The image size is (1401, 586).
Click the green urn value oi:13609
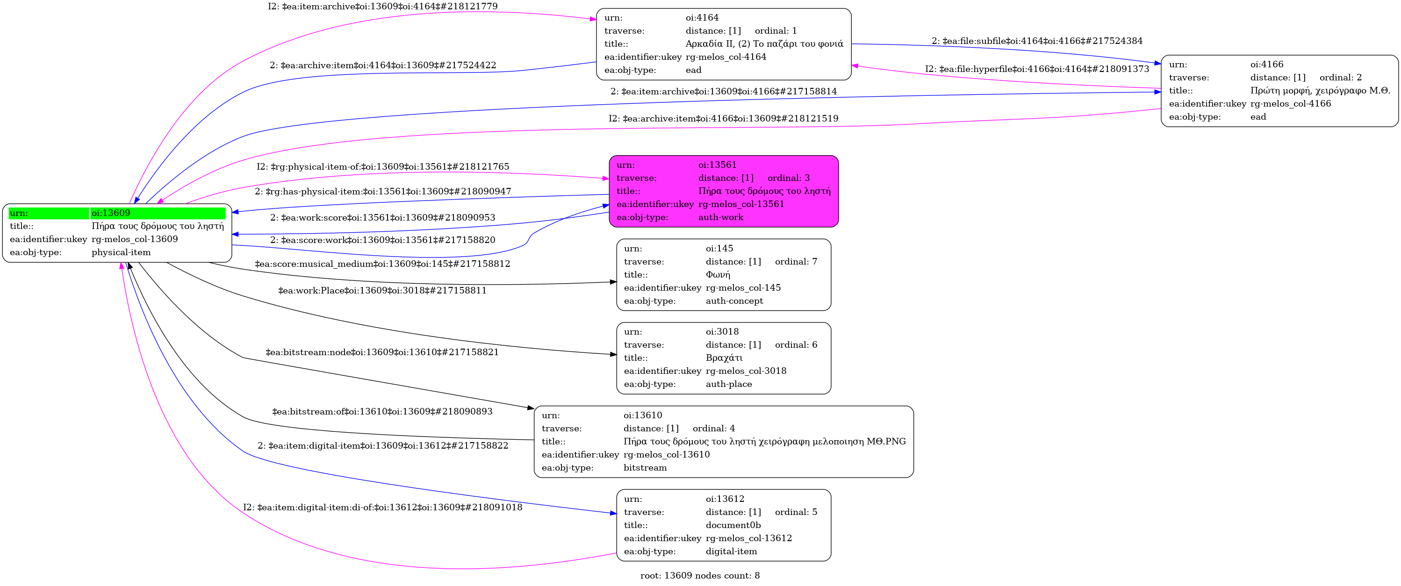tap(111, 213)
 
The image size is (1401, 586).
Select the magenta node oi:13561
tap(723, 191)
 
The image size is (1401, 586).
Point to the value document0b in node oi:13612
tap(733, 526)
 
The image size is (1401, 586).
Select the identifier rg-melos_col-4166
tap(1291, 104)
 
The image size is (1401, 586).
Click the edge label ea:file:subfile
tap(1037, 41)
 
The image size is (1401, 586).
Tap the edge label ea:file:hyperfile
tap(1037, 69)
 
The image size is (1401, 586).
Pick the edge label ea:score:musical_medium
tap(382, 264)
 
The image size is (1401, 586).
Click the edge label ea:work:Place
tap(382, 291)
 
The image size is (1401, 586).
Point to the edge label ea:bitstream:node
tap(382, 352)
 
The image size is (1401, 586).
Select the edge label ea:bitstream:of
tap(382, 412)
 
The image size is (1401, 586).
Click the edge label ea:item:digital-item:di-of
tap(382, 507)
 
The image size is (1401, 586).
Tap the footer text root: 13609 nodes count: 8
tap(699, 576)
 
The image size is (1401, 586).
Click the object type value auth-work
tap(721, 217)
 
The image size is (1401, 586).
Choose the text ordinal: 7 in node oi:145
tap(796, 262)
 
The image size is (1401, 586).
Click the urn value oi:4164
tap(702, 18)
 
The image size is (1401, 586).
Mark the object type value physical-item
tap(121, 253)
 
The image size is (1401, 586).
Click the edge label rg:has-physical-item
tap(382, 191)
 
